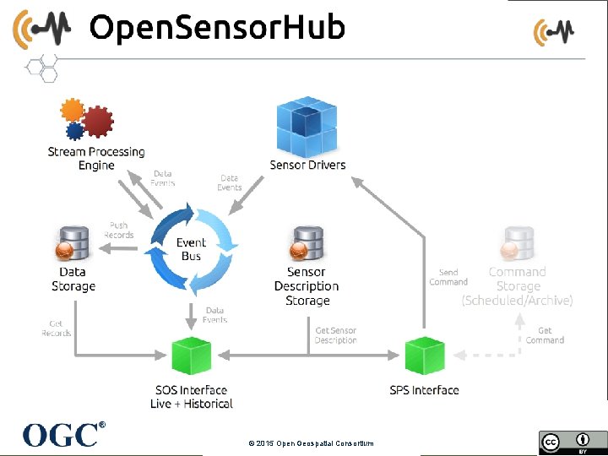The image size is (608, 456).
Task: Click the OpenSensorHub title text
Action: (217, 28)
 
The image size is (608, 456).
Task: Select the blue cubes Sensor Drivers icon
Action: (307, 126)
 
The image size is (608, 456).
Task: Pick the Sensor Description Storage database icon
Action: (307, 244)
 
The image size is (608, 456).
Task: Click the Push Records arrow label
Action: (118, 230)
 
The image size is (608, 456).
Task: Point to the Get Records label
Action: (57, 328)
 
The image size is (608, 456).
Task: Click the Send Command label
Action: (448, 277)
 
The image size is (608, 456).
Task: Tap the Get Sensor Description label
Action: (335, 335)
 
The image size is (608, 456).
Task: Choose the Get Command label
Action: (545, 335)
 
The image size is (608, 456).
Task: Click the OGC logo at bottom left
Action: (64, 434)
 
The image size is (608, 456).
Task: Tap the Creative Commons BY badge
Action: (564, 442)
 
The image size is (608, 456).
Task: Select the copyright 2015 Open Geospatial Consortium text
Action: (311, 443)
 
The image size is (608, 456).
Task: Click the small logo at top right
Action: (554, 32)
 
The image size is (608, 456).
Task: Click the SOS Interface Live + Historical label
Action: (192, 397)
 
